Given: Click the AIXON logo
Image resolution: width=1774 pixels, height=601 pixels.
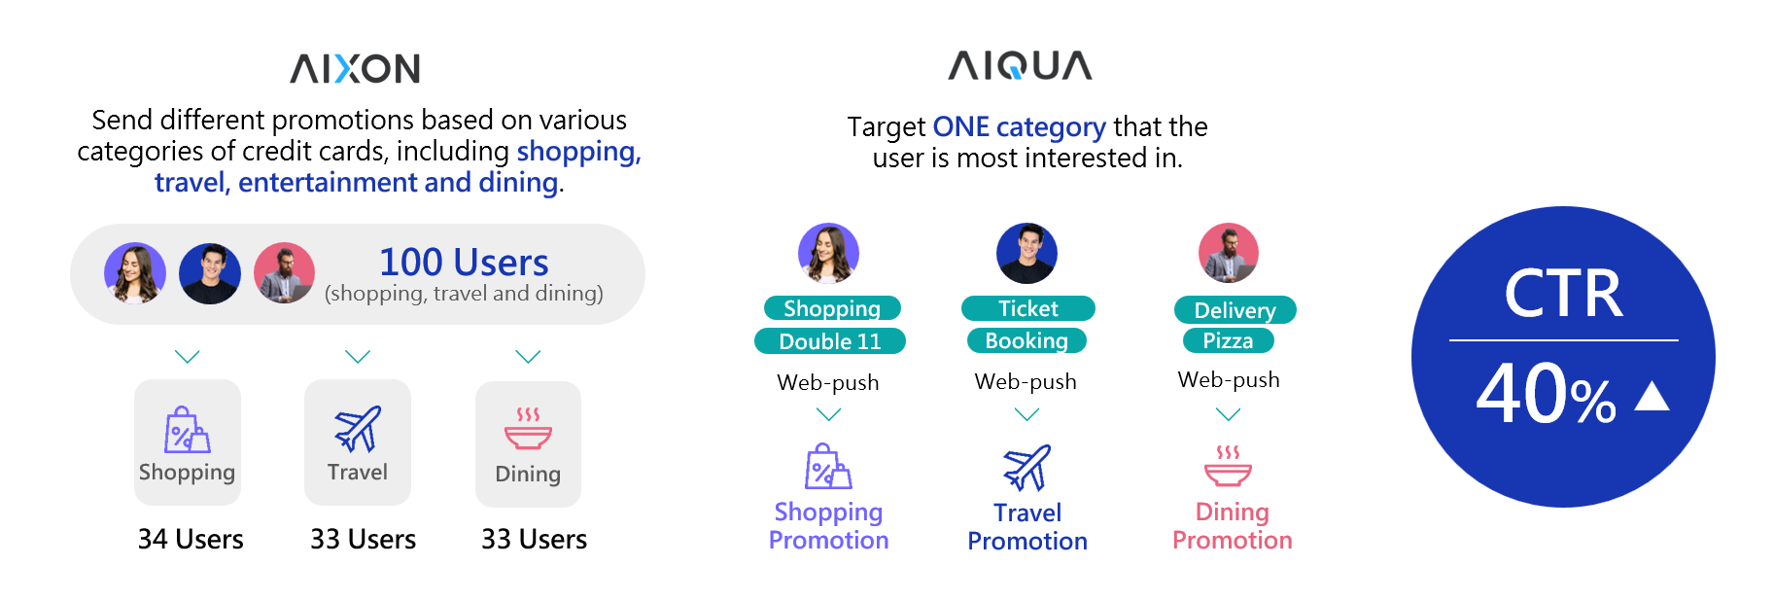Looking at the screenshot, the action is pos(355,68).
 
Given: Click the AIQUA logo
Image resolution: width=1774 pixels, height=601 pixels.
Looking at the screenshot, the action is pos(1020,65).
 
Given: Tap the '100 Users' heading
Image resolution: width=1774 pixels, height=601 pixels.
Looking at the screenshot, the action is pos(464,262).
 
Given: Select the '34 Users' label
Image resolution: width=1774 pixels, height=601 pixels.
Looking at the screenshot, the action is pos(191,539).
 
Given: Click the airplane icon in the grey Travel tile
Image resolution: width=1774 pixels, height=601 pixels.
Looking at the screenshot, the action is pos(358,429).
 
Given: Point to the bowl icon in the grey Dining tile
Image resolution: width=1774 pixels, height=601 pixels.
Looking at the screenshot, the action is pos(528,429).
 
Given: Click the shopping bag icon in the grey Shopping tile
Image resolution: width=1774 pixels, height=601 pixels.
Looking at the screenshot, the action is pos(187,429).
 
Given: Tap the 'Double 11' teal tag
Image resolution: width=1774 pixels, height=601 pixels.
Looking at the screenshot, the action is pos(830,341).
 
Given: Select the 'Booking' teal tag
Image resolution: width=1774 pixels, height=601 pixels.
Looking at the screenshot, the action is pos(1026,340).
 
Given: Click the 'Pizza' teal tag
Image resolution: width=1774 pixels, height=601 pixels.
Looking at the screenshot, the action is pos(1229,340).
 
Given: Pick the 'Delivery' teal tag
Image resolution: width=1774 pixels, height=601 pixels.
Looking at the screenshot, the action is pos(1235,310).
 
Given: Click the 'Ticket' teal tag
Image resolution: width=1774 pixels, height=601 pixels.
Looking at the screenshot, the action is pos(1028,308).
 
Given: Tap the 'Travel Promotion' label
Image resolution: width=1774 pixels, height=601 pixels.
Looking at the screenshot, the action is pos(1027,526).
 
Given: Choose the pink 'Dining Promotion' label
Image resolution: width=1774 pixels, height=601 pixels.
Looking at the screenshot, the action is pos(1233,525).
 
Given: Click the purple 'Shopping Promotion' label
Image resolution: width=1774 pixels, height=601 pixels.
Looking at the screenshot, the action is pos(829,525).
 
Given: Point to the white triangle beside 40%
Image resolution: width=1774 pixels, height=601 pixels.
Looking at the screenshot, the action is pos(1652,396).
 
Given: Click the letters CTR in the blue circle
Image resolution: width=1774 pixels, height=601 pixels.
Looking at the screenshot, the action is pos(1563,293).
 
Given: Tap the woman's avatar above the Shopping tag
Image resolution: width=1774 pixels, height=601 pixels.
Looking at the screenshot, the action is pos(828,253).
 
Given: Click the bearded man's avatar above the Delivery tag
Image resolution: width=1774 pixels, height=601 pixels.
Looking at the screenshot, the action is pos(1229,253).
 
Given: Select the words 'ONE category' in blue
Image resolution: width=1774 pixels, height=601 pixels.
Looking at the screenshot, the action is pos(1019,126).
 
